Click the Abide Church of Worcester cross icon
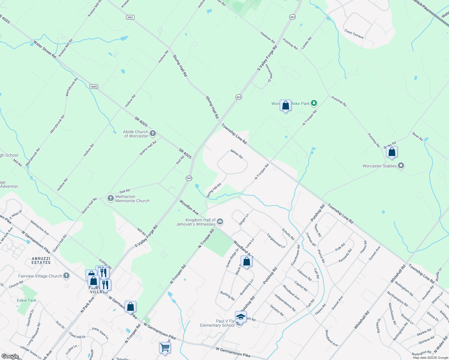[153, 133]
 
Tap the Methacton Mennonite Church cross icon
[110, 198]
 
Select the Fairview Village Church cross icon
[66, 276]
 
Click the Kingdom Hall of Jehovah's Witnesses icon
[220, 222]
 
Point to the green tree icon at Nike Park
[314, 103]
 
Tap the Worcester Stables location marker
[401, 166]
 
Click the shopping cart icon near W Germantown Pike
[165, 348]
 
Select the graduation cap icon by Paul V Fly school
[241, 316]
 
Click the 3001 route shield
[130, 17]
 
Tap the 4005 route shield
[94, 87]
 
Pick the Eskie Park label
[26, 300]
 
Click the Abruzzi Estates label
[41, 260]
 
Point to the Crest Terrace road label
[354, 34]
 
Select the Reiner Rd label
[237, 154]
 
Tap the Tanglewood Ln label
[276, 241]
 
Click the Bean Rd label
[417, 137]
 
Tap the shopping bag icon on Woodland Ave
[246, 262]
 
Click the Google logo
[10, 356]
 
